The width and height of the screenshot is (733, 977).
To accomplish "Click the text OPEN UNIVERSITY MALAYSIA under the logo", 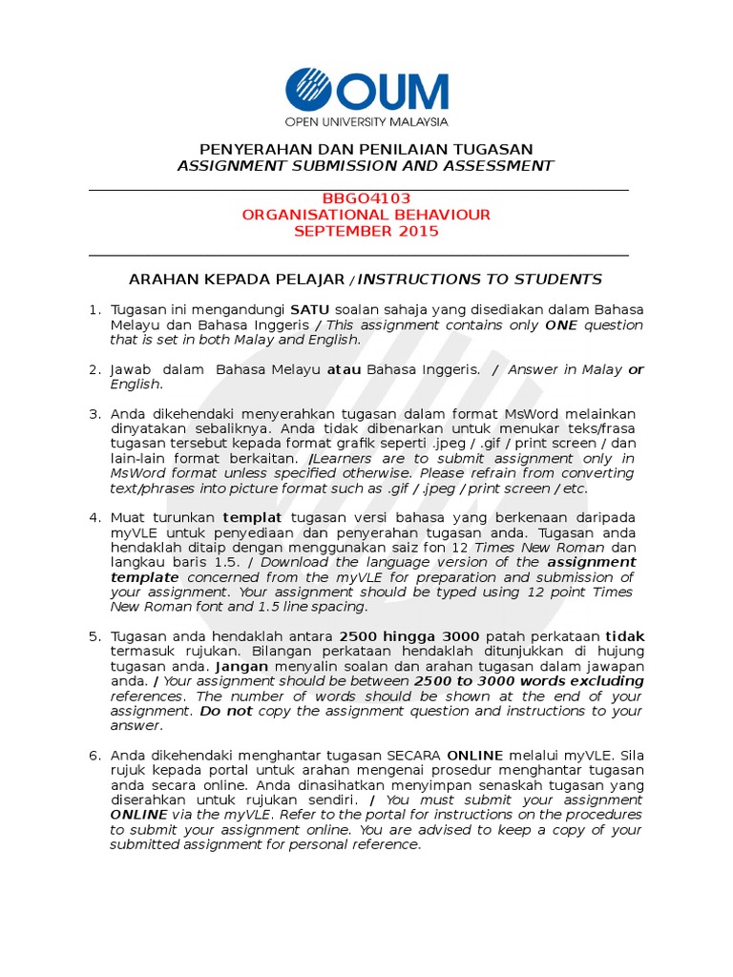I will click(366, 122).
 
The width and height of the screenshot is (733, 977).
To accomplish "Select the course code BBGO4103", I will click(366, 198).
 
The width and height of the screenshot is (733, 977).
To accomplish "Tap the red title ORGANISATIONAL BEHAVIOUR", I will click(366, 215).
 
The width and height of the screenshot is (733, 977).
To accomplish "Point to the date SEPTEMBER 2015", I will click(366, 231).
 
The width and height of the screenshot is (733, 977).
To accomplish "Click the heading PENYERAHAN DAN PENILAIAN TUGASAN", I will click(366, 149).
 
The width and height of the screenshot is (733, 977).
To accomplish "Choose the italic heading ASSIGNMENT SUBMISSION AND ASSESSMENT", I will click(366, 165).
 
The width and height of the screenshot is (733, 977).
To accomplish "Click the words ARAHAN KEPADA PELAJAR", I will click(238, 280).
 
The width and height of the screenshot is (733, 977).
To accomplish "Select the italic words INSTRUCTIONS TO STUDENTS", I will click(480, 280).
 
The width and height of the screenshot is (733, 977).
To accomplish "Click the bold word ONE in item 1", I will click(563, 325).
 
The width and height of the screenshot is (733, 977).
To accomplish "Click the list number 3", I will click(94, 414).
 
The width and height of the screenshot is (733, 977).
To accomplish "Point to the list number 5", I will click(94, 636).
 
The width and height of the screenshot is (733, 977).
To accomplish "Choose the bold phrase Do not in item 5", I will click(225, 711).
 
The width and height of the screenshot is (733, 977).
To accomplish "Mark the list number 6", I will click(94, 756).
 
